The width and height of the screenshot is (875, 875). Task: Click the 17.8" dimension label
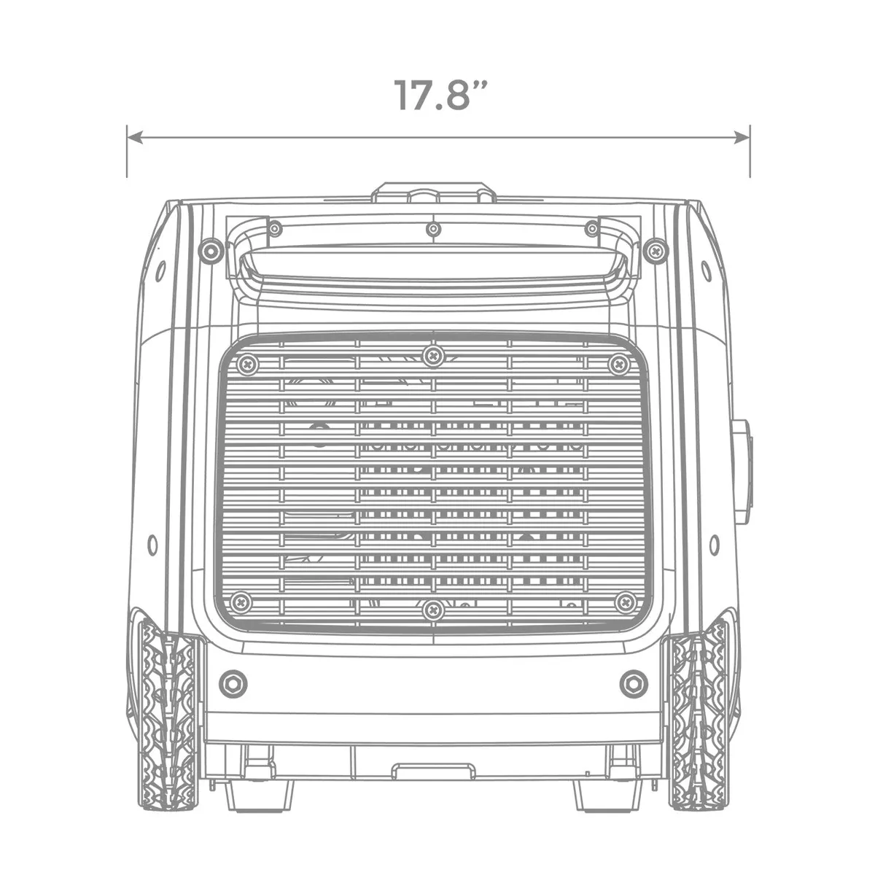pos(440,95)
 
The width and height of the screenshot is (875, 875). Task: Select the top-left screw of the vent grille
pos(248,363)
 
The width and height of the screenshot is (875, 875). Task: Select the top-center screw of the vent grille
pos(434,355)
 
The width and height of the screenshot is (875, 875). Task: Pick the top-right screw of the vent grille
pos(619,363)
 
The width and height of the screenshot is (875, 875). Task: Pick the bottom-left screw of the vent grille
pos(241,602)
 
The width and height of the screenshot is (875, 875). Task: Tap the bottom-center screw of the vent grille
pos(434,610)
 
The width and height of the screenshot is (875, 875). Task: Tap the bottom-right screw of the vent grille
pos(626,602)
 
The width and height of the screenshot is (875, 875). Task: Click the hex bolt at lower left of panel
pos(233,683)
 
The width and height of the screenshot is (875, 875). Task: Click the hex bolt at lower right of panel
pos(633,683)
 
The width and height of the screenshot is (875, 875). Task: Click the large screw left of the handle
pos(211,252)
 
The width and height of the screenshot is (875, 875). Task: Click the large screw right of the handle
pos(656,252)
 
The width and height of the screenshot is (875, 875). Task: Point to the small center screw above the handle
pos(434,230)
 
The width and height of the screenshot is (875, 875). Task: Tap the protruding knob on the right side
pos(742,471)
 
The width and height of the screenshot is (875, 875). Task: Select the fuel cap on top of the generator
pos(433,194)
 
